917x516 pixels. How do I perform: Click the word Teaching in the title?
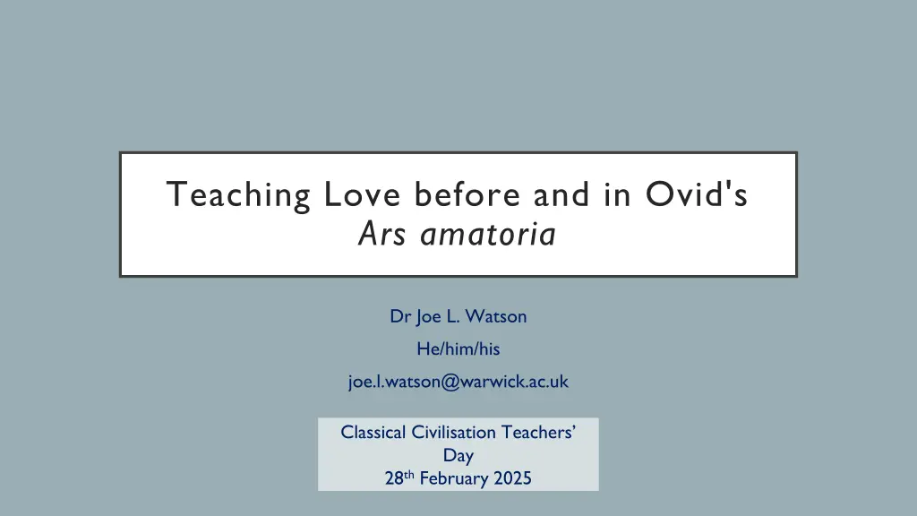238,195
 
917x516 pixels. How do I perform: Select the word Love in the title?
362,194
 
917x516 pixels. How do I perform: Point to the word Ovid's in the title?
697,193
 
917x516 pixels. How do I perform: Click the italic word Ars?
381,234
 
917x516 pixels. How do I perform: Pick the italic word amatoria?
488,234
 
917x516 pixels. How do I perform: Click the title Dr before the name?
400,316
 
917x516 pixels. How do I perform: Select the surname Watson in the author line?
496,316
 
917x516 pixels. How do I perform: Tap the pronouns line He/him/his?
458,348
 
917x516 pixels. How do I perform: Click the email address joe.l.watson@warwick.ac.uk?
458,382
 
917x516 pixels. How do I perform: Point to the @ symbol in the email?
450,382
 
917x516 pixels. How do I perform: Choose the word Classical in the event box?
373,433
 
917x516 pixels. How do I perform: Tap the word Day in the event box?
458,456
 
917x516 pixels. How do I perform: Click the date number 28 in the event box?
394,478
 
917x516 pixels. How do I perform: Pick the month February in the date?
454,478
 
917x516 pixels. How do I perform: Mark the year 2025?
513,478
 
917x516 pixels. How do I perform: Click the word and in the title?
561,193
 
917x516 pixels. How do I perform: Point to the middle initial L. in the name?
452,316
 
